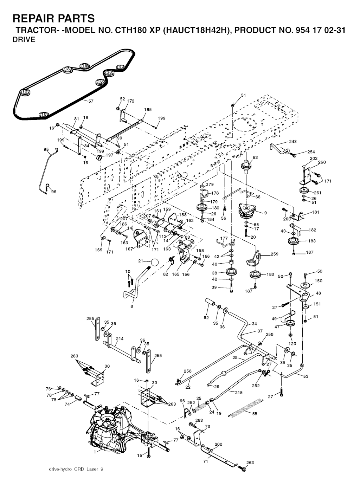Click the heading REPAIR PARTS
[x=54, y=18]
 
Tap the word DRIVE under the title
[x=24, y=40]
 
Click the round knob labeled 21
[x=154, y=262]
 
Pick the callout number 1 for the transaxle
[x=95, y=452]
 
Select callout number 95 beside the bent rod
[x=46, y=149]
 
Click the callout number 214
[x=120, y=339]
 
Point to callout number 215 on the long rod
[x=239, y=393]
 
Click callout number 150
[x=318, y=281]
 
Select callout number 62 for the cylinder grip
[x=206, y=318]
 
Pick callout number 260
[x=322, y=162]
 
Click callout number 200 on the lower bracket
[x=218, y=444]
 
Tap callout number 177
[x=224, y=239]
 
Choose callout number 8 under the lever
[x=132, y=306]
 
